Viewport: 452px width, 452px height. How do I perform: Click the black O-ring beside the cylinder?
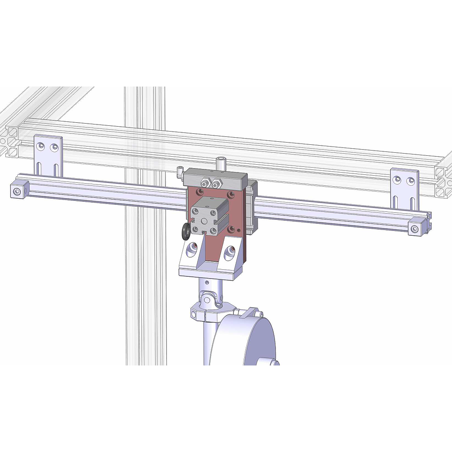click(x=186, y=231)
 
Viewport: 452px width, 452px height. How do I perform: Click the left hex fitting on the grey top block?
click(x=204, y=182)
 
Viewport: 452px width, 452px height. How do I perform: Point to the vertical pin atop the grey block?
click(x=220, y=162)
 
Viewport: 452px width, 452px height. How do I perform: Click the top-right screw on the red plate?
click(x=230, y=195)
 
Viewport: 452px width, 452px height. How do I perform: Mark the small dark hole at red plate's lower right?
click(x=239, y=230)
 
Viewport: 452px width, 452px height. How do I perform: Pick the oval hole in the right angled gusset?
click(x=230, y=252)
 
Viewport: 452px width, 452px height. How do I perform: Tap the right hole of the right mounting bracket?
click(x=411, y=181)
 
